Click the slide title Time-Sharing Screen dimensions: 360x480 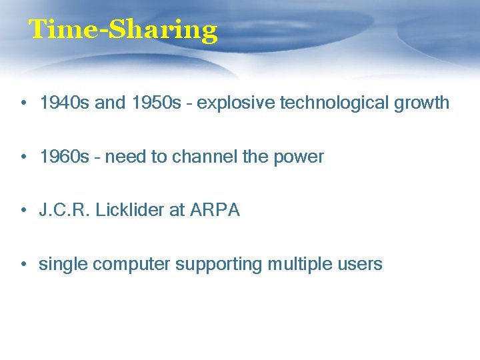point(123,30)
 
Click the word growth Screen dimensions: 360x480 point(421,103)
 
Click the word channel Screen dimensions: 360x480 point(201,157)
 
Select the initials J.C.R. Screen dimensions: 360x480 point(65,211)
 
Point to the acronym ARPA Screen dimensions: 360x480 point(215,211)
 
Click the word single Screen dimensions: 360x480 point(63,265)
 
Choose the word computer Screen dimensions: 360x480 point(131,265)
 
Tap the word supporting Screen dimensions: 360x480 point(219,265)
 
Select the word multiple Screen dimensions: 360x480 point(298,265)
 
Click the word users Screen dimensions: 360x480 point(360,265)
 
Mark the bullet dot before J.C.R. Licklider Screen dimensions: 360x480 point(23,211)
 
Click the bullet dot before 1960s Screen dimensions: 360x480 point(23,157)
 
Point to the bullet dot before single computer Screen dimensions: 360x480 point(23,265)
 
